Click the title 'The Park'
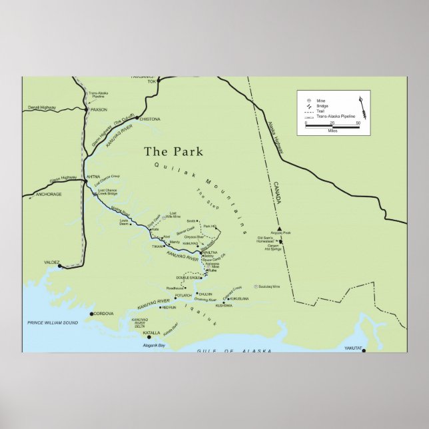173,151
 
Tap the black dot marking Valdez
60,266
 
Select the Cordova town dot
92,314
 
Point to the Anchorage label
48,195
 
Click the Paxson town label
98,109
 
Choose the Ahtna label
93,177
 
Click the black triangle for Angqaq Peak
280,228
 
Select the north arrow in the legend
362,105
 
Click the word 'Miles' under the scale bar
332,131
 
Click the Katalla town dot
149,337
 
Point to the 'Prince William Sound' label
53,323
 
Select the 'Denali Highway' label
41,108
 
